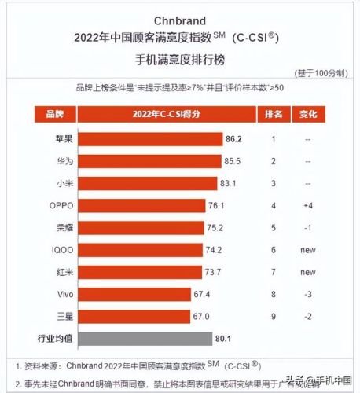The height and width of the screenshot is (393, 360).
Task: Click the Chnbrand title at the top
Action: click(x=180, y=18)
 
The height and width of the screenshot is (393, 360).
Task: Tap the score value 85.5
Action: click(x=233, y=161)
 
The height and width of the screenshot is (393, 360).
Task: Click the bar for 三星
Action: click(x=127, y=317)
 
